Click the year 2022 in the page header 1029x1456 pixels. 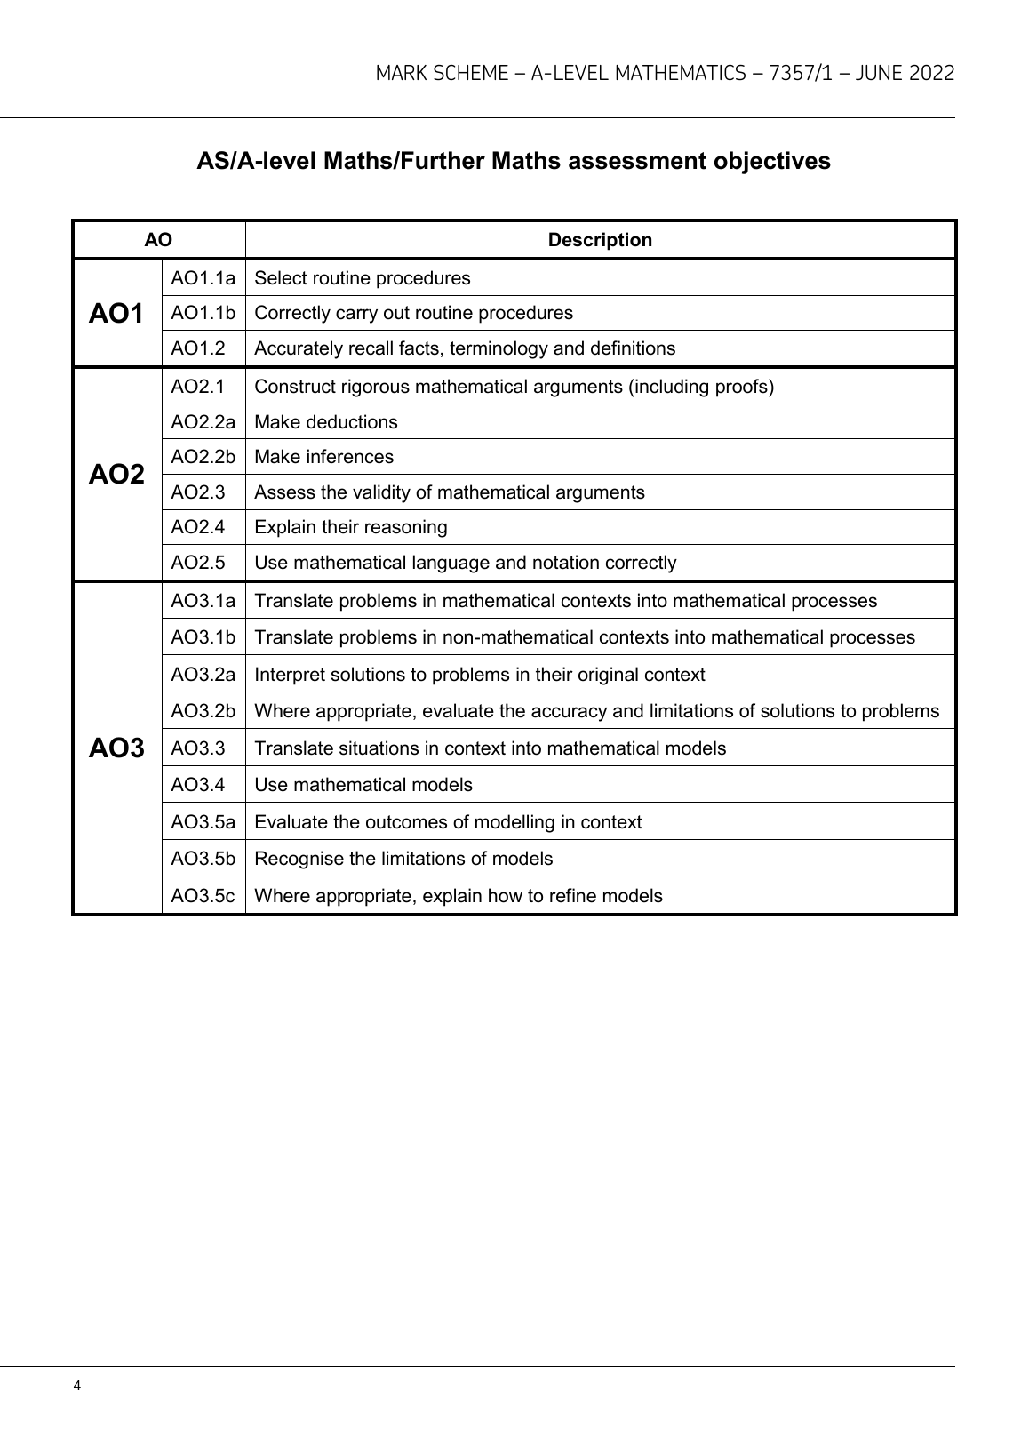[x=932, y=74]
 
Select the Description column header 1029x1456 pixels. [x=600, y=240]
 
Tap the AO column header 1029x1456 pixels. [x=158, y=240]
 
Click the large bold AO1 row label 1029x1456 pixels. [x=116, y=313]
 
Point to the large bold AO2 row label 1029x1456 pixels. [x=116, y=475]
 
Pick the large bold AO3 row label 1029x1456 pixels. [x=116, y=748]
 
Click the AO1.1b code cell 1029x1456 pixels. [x=203, y=313]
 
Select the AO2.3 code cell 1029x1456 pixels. [x=198, y=492]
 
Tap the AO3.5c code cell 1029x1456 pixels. [x=203, y=896]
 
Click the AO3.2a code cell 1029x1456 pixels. [x=203, y=675]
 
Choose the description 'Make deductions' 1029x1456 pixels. [x=326, y=422]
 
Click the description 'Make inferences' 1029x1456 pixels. [x=323, y=457]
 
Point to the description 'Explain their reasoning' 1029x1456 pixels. [x=351, y=527]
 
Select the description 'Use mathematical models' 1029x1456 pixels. [x=363, y=785]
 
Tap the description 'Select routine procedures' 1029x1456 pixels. [x=363, y=278]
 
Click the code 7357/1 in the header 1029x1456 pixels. [x=801, y=74]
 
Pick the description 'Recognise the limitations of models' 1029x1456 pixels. [x=403, y=859]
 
